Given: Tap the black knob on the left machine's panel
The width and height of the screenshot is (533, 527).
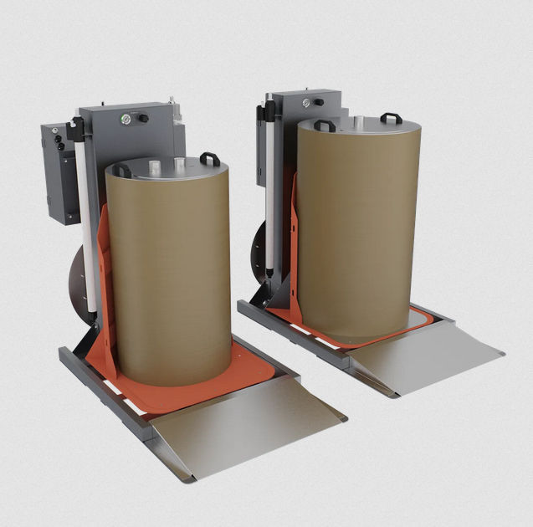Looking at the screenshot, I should pyautogui.click(x=143, y=119).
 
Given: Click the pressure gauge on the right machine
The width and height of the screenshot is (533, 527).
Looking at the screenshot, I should pyautogui.click(x=306, y=102).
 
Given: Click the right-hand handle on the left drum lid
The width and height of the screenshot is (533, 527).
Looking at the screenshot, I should pyautogui.click(x=209, y=158).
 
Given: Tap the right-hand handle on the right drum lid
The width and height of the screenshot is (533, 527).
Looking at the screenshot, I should pyautogui.click(x=391, y=118).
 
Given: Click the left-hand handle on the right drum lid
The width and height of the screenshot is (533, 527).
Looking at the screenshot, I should pyautogui.click(x=325, y=125).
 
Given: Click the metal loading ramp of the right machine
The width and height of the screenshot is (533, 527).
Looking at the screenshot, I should pyautogui.click(x=427, y=356).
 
